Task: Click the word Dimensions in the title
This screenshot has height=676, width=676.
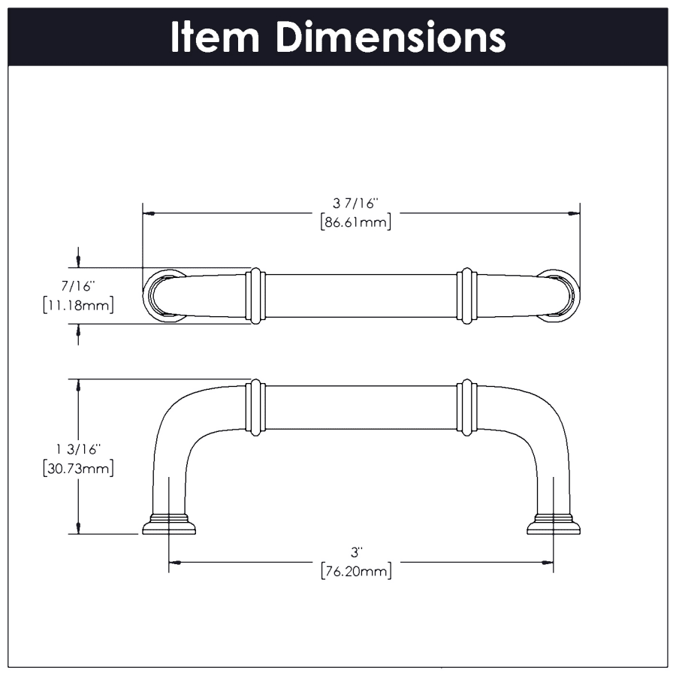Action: (390, 38)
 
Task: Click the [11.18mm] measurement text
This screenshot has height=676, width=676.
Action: (79, 306)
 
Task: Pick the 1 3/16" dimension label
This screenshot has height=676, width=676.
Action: (78, 449)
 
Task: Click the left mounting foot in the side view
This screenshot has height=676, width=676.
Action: (169, 524)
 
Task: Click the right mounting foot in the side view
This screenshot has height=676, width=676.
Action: (554, 524)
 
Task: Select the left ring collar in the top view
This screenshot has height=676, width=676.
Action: (255, 296)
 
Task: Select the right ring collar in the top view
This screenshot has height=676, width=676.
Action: (466, 296)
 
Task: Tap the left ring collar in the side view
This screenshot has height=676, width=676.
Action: (255, 408)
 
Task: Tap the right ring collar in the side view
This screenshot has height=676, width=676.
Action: (466, 408)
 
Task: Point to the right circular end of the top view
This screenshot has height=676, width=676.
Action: (563, 295)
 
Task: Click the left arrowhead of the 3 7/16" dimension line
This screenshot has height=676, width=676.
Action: (149, 213)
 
